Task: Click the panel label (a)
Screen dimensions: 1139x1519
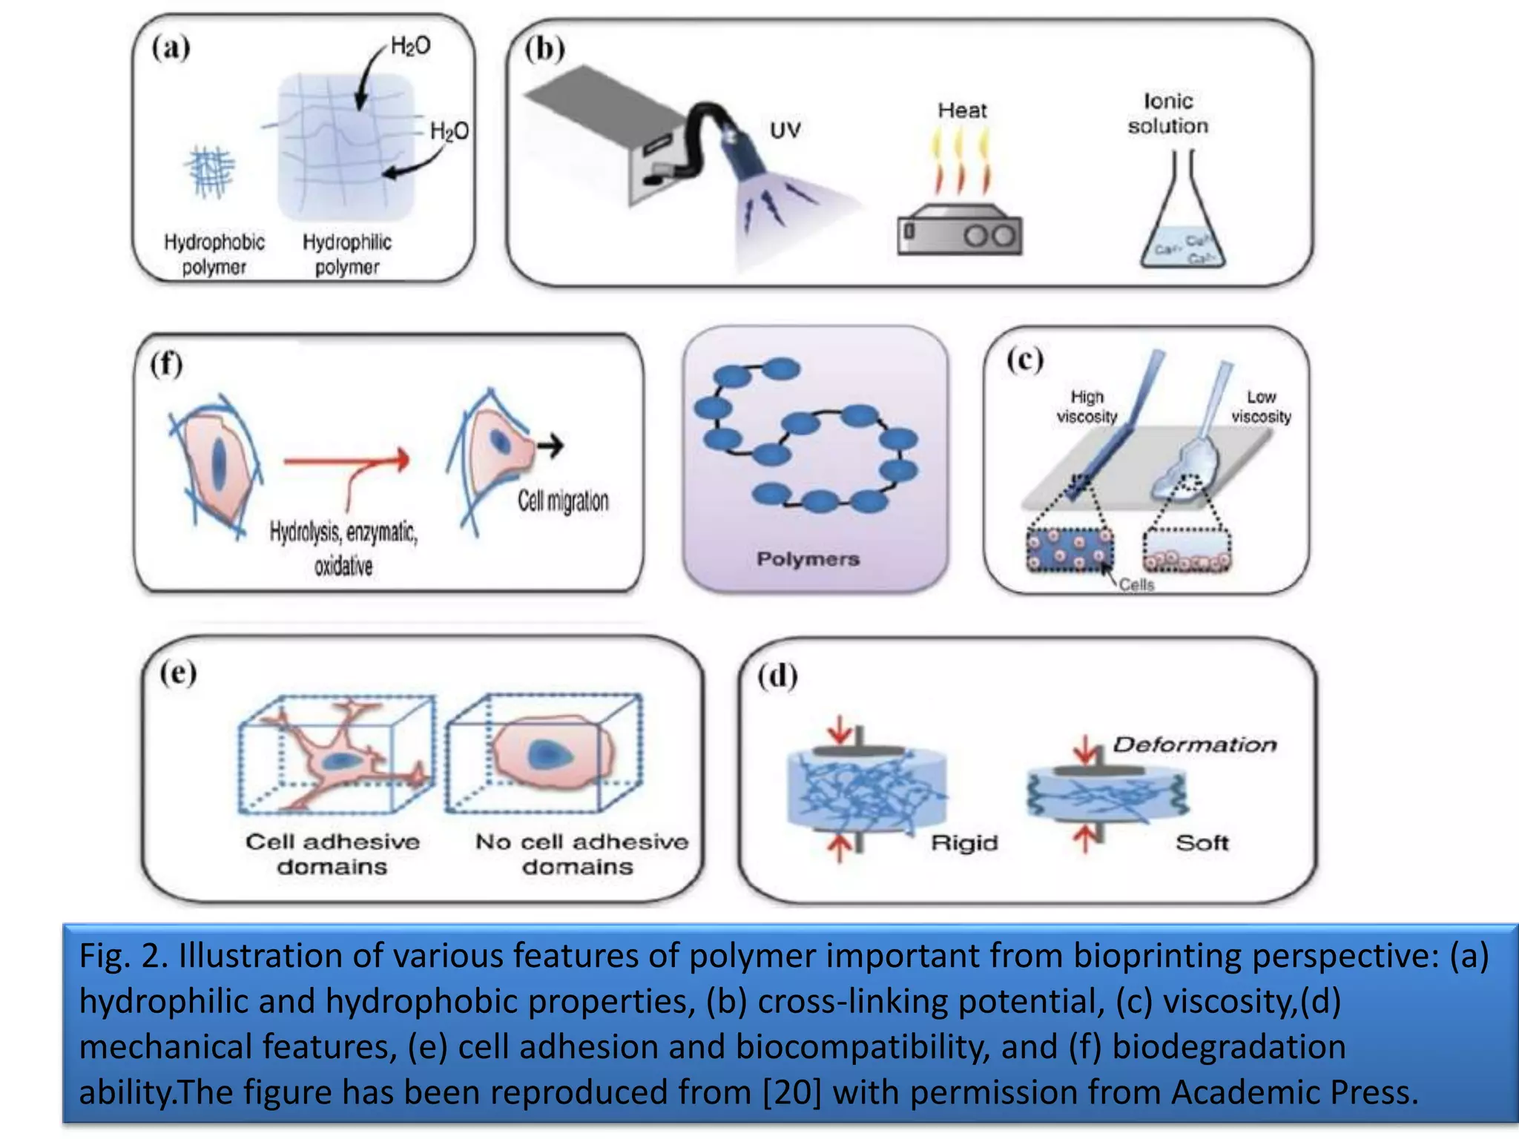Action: click(x=171, y=48)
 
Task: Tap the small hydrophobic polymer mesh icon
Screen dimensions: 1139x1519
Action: click(x=211, y=171)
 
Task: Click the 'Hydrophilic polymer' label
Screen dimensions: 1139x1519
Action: click(x=346, y=254)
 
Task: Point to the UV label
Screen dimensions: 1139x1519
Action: click(x=785, y=131)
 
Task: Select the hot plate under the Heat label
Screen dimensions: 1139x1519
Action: click(x=959, y=231)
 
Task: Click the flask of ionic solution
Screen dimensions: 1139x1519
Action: click(x=1182, y=222)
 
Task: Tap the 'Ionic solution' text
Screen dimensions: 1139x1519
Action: click(x=1167, y=113)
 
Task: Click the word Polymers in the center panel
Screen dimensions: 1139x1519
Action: click(x=808, y=559)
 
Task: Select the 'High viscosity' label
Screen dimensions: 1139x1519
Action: click(x=1087, y=406)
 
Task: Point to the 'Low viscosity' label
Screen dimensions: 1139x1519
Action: click(x=1261, y=406)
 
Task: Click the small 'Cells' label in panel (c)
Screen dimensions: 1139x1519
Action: click(x=1136, y=585)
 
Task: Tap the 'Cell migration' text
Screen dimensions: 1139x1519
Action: click(x=563, y=501)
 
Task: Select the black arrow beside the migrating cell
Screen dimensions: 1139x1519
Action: click(x=550, y=445)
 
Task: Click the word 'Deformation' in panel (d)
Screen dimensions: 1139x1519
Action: click(x=1194, y=745)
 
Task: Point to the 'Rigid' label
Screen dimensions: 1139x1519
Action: click(x=964, y=843)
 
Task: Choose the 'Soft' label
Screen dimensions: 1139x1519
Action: click(x=1202, y=843)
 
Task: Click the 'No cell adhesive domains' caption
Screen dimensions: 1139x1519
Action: click(x=581, y=854)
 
